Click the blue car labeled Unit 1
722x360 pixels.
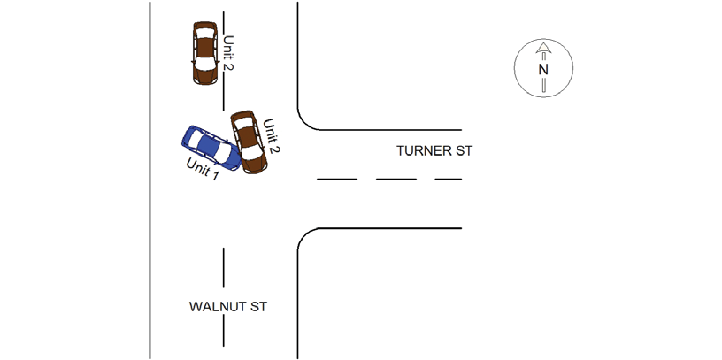(x=211, y=148)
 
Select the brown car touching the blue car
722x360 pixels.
(x=249, y=142)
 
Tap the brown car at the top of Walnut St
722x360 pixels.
(x=205, y=53)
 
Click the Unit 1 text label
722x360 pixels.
(x=202, y=169)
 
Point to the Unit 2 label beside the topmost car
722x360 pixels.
(x=228, y=53)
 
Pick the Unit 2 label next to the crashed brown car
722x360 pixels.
(x=272, y=136)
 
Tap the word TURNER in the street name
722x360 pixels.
(x=425, y=151)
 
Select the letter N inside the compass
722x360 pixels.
(x=543, y=70)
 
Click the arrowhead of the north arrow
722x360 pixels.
(x=544, y=48)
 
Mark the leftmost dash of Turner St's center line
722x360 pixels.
(x=337, y=179)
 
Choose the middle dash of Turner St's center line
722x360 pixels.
(x=396, y=179)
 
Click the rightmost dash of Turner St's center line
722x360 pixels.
(x=449, y=179)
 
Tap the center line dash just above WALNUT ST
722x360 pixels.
(x=224, y=268)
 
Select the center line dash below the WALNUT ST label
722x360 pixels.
(x=224, y=331)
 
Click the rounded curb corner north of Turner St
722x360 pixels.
(x=305, y=122)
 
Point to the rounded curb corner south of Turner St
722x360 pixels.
(x=305, y=237)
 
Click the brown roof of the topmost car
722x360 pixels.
(x=205, y=47)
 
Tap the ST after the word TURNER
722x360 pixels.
(x=465, y=151)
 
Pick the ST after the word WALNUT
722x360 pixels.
(x=258, y=307)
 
